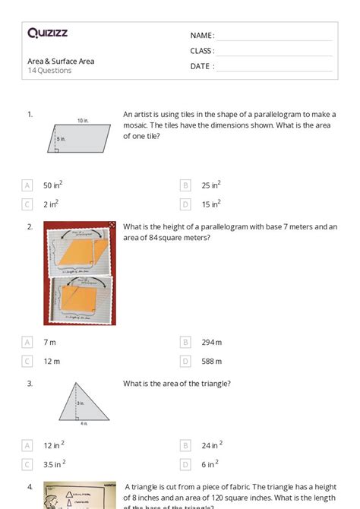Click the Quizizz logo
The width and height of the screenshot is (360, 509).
(47, 33)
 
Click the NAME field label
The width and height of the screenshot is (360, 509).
(202, 35)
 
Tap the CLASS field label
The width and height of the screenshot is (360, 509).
(202, 51)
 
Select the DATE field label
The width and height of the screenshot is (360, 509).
(202, 66)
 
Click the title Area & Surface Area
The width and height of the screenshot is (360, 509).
(61, 61)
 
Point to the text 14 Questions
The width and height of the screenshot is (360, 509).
(50, 71)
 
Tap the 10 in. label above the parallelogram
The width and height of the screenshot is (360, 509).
(82, 121)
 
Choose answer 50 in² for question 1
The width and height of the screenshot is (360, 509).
(52, 185)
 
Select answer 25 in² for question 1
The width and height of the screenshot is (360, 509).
(210, 185)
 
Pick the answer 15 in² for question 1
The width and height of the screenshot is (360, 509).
(210, 204)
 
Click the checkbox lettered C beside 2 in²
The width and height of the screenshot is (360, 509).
(27, 204)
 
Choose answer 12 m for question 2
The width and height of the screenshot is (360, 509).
(52, 361)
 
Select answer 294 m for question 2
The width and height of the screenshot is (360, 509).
(212, 342)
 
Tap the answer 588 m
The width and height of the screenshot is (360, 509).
(212, 361)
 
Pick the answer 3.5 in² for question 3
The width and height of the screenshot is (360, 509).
(54, 463)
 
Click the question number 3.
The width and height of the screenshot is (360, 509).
(30, 384)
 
